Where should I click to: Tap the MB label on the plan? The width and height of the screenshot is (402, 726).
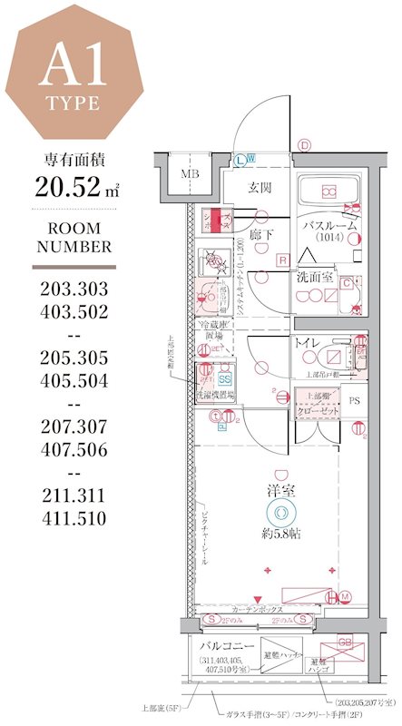point(190,174)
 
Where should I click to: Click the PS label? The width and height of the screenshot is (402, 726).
point(355,398)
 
